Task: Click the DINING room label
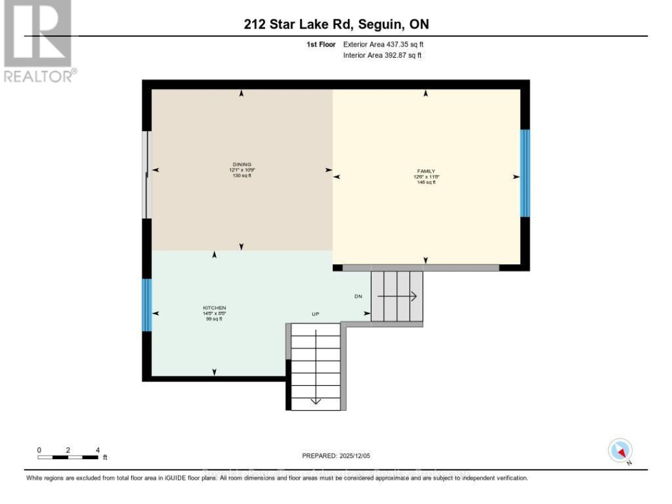click(241, 165)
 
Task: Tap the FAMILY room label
click(426, 171)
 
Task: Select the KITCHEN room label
click(213, 308)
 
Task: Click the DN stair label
click(358, 297)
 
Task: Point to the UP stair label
click(315, 314)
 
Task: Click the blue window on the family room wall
click(525, 173)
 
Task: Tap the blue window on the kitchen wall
click(147, 305)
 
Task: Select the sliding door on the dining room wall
click(146, 175)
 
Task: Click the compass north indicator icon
click(620, 450)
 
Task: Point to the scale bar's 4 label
click(98, 449)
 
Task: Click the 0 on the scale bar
click(39, 449)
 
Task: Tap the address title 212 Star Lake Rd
click(335, 25)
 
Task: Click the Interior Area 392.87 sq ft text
click(383, 55)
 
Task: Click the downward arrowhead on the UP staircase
click(316, 400)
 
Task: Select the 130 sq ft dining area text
click(241, 175)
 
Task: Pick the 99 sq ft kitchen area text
click(213, 319)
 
